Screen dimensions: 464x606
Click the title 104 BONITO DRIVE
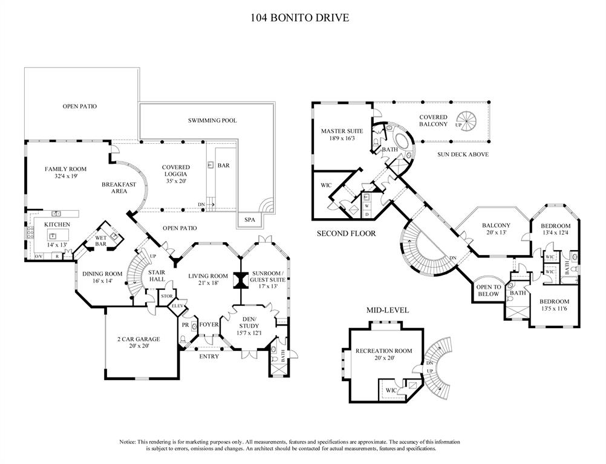click(300, 18)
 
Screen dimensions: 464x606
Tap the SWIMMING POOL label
click(212, 121)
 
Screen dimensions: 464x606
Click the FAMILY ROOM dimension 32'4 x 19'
click(66, 177)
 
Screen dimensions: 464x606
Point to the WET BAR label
click(100, 240)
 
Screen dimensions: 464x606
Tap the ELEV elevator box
click(177, 306)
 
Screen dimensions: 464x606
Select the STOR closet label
click(166, 296)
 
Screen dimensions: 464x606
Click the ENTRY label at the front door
click(209, 356)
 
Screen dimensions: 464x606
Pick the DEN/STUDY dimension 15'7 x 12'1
click(249, 333)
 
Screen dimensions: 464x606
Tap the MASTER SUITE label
click(342, 130)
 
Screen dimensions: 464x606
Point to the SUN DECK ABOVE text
click(463, 155)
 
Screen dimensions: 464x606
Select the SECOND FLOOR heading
click(347, 233)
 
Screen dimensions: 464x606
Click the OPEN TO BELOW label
click(489, 291)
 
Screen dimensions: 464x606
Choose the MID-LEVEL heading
click(388, 311)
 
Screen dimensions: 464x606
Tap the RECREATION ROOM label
click(383, 351)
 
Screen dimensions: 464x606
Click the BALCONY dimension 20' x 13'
click(496, 233)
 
